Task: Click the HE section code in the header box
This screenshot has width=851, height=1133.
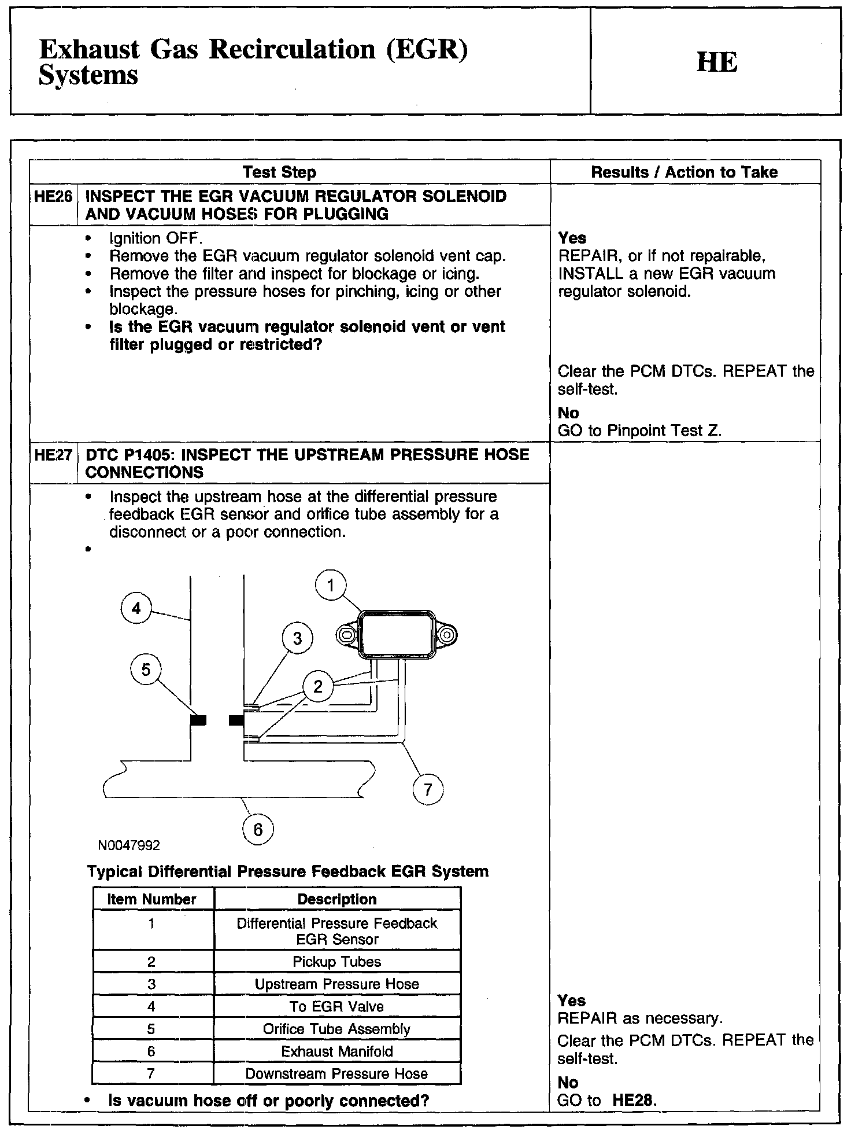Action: pos(717,62)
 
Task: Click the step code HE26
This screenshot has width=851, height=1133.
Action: pos(53,197)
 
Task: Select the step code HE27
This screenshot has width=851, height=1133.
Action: pos(53,455)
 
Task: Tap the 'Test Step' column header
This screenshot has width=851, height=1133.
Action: pos(279,172)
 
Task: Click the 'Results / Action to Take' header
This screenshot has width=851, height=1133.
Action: pos(684,172)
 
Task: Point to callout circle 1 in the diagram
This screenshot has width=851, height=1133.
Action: pos(331,586)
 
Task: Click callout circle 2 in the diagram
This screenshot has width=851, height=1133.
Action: pos(318,686)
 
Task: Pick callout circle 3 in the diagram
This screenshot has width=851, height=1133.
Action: pos(297,639)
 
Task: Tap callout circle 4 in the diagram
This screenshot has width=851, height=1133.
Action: pos(136,608)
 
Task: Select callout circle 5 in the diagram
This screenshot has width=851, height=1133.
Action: pos(146,669)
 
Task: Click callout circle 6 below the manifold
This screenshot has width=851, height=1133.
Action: pos(258,830)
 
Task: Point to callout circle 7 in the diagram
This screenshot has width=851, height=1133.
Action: pos(428,790)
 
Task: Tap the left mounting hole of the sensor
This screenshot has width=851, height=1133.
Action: pos(347,635)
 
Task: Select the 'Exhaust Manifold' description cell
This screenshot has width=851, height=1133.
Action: pos(337,1051)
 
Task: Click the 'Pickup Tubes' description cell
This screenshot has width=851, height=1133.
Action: pos(337,962)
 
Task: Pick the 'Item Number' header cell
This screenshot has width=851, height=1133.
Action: pos(153,899)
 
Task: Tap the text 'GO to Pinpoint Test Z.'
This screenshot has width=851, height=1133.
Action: pos(640,431)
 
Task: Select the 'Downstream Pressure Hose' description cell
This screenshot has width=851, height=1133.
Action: pos(337,1074)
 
